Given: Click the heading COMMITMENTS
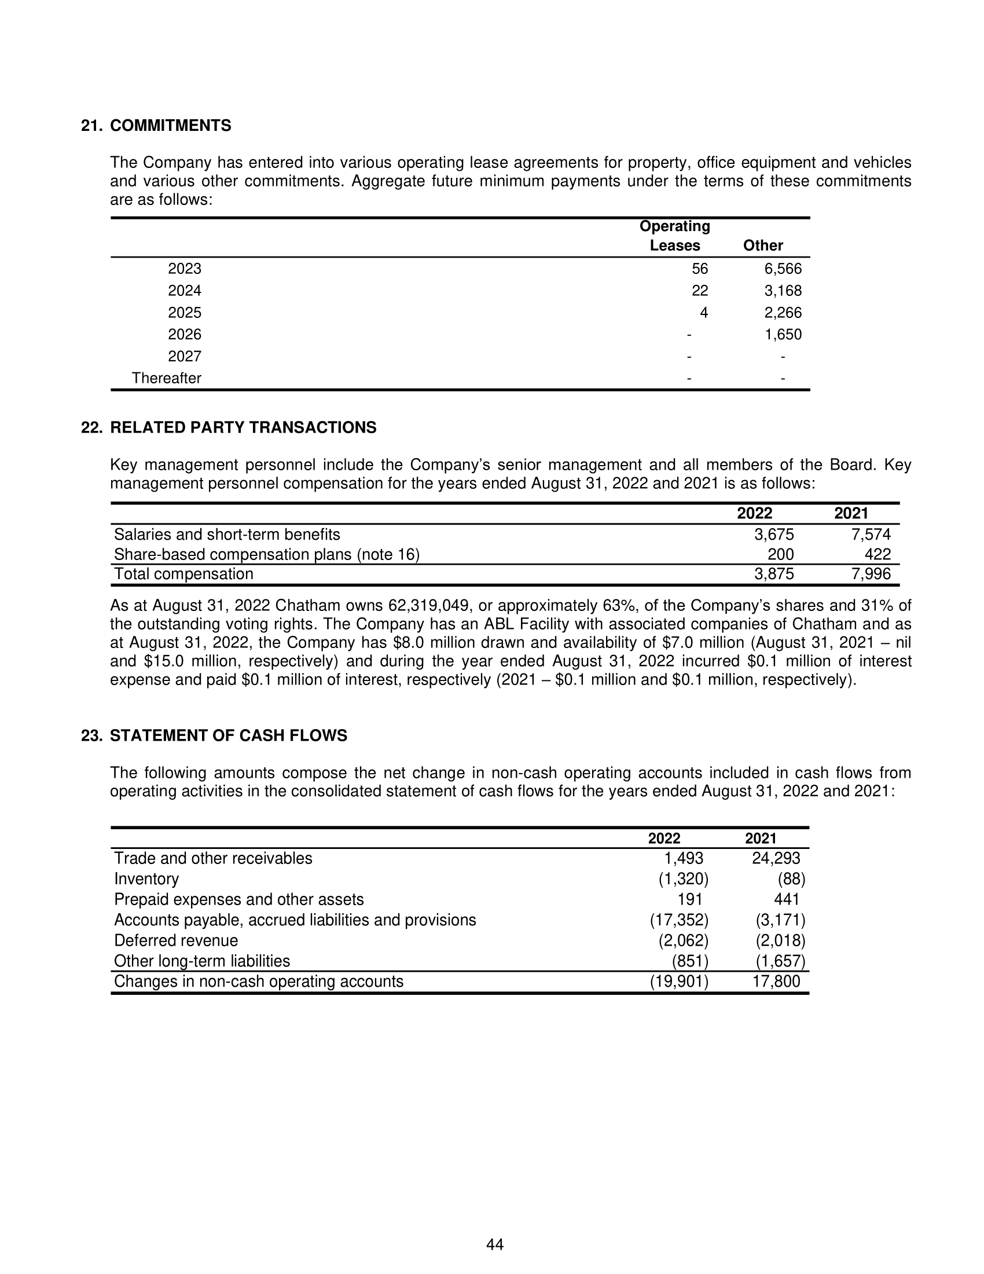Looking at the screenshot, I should click(170, 126).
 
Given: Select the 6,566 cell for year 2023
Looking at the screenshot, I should click(783, 269).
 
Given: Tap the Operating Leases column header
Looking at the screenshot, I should click(674, 236).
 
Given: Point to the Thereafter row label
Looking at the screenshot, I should click(166, 378).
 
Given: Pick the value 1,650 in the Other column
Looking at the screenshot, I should click(783, 334).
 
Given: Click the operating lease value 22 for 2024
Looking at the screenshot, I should click(700, 291).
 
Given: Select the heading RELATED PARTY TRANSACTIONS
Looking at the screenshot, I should click(243, 427).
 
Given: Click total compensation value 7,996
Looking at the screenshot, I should click(871, 574).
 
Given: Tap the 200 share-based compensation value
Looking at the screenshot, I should click(780, 554).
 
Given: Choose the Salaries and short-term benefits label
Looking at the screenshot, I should click(227, 535).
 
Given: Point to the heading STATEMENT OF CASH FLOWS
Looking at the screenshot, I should click(228, 735).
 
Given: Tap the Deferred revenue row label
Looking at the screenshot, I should click(176, 940).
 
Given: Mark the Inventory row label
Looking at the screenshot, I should click(146, 879).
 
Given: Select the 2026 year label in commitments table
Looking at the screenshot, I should click(184, 334).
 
